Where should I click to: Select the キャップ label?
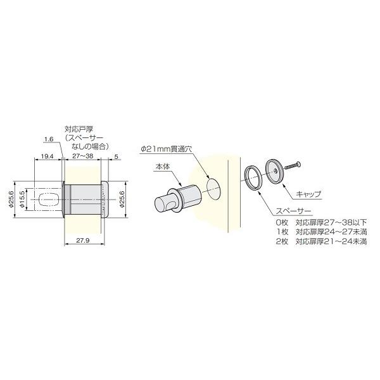click(308, 193)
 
